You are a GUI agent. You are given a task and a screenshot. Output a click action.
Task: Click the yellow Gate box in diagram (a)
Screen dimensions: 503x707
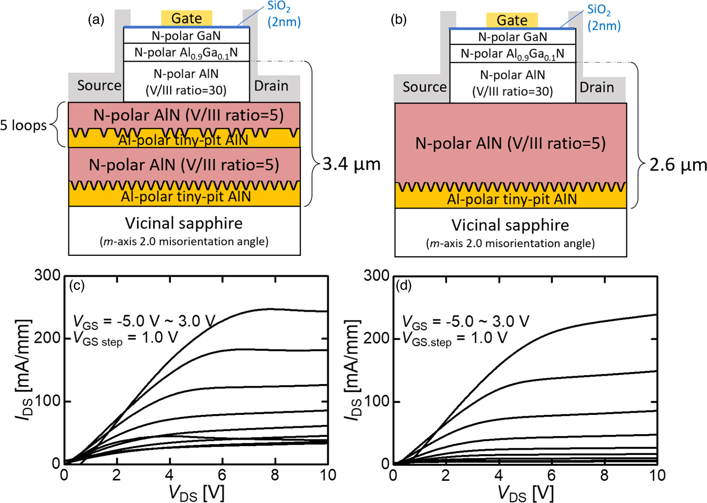click(186, 18)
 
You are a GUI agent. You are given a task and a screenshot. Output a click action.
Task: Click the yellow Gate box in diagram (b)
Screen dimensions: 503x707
click(512, 20)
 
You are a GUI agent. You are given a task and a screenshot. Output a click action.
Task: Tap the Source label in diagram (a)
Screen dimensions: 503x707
click(99, 86)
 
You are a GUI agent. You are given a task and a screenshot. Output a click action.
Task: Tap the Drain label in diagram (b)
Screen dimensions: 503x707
click(596, 87)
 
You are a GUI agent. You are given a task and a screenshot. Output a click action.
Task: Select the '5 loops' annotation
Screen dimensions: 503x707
click(23, 125)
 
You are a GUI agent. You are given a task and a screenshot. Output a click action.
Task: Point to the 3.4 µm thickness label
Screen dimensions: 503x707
click(352, 164)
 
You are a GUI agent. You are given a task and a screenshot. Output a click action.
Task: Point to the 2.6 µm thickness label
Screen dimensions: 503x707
click(678, 165)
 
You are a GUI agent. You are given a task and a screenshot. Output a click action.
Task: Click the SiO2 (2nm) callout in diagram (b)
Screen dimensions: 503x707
click(603, 18)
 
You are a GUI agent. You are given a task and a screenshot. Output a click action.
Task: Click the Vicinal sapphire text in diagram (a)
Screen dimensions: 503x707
click(184, 223)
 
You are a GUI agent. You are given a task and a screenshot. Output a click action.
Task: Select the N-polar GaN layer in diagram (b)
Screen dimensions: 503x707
click(512, 37)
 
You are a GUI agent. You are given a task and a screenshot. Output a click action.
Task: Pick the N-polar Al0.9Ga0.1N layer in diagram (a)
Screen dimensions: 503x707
click(186, 53)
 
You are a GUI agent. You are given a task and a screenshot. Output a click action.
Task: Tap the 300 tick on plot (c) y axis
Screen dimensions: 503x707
click(47, 276)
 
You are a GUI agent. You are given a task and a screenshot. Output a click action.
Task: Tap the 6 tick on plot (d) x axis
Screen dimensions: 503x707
click(551, 475)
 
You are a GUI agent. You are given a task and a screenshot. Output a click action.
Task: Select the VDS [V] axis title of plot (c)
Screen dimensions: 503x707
click(196, 493)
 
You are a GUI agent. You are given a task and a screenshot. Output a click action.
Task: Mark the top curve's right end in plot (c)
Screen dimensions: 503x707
click(326, 311)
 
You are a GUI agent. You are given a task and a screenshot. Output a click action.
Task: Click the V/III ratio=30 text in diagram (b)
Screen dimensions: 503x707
click(512, 91)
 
